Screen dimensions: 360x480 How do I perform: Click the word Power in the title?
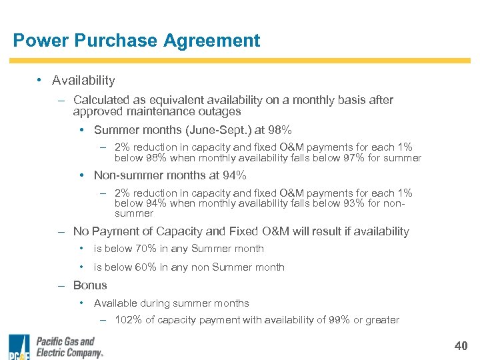tap(40, 41)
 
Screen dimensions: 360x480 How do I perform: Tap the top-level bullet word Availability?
tap(83, 81)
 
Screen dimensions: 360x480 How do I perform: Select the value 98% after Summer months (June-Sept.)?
tap(279, 130)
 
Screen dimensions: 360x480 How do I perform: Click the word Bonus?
tap(90, 285)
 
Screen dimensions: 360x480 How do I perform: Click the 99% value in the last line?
tap(339, 320)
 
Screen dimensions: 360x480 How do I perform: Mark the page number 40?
tap(460, 346)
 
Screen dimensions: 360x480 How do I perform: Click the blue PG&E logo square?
tap(19, 347)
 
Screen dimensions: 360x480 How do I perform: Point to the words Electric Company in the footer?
tap(69, 353)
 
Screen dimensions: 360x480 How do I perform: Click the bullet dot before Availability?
tap(39, 80)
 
